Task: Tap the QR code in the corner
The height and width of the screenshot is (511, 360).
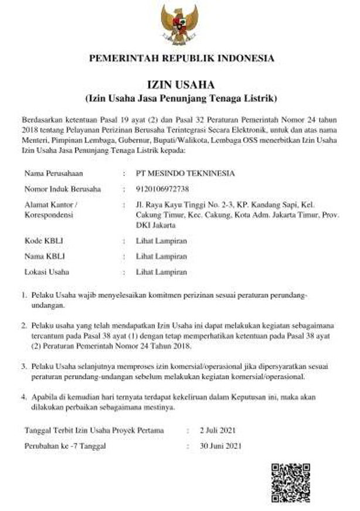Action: tap(291, 482)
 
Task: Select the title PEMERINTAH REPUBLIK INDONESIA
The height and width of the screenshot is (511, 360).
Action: tap(181, 59)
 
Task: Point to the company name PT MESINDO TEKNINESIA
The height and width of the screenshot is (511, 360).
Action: tap(185, 173)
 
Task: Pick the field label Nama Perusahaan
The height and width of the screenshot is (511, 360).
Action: tap(53, 173)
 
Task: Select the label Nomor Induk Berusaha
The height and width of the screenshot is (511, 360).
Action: tap(63, 189)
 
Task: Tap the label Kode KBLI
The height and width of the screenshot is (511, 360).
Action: tap(44, 241)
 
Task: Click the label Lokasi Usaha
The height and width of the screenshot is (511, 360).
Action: tap(47, 272)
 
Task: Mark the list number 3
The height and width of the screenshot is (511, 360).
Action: tap(24, 366)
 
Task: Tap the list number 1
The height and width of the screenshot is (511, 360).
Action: tap(24, 297)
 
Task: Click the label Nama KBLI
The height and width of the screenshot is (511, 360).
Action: tap(45, 256)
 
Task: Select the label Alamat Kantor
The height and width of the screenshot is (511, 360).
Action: tap(50, 205)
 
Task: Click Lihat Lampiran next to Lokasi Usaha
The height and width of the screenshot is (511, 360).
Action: tap(161, 272)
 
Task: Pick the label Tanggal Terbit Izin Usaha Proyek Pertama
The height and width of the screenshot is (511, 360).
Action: tap(94, 430)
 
